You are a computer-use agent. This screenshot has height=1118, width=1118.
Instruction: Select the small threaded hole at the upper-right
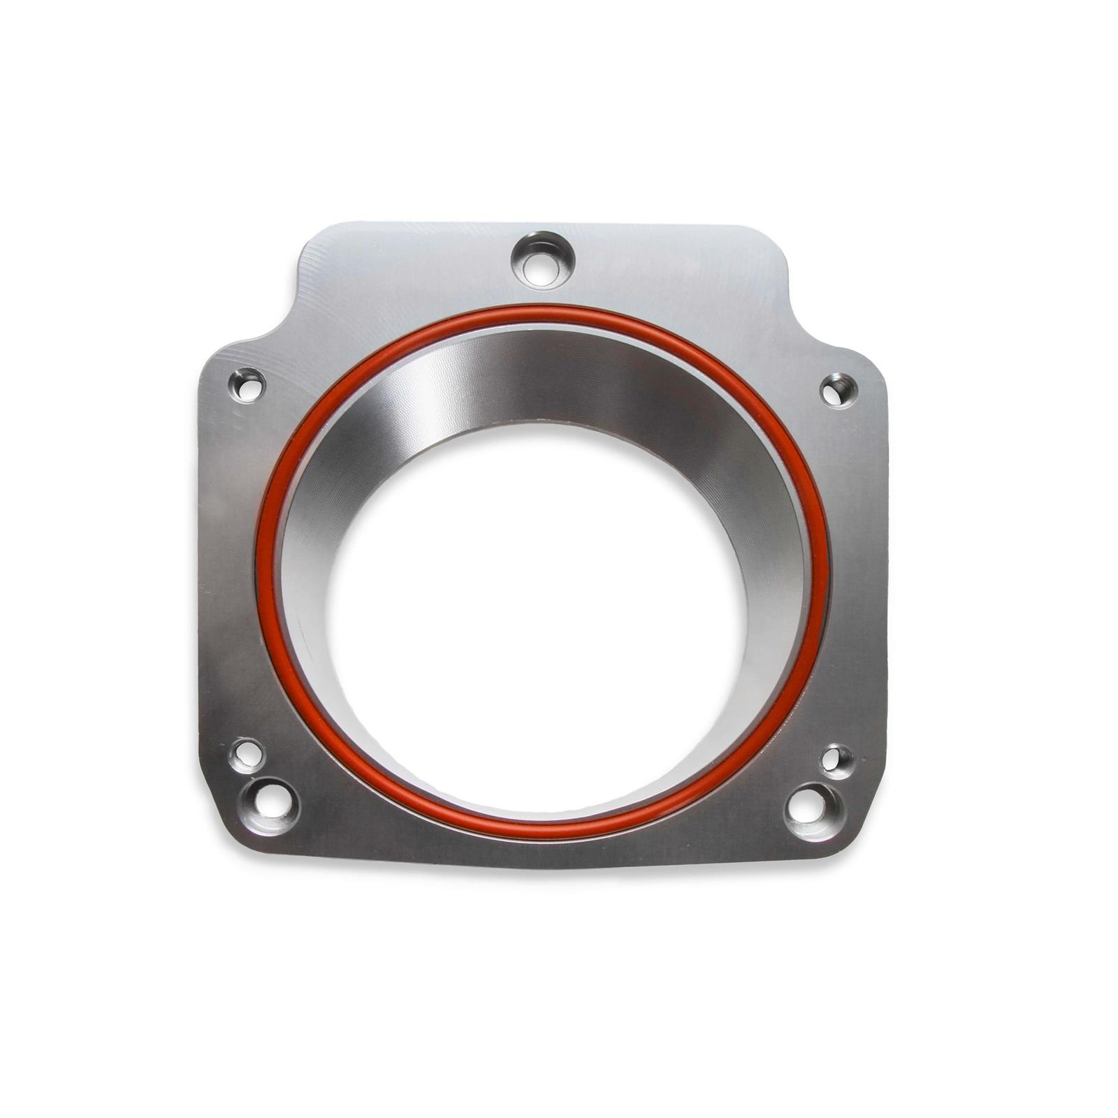[834, 389]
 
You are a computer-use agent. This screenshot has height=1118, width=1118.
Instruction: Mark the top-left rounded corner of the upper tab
[311, 241]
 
